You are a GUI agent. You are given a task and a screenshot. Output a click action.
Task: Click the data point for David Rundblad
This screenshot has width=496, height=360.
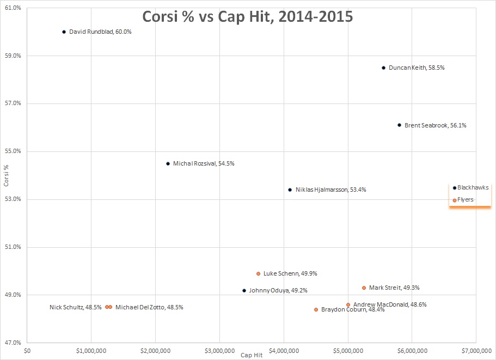pyautogui.click(x=64, y=32)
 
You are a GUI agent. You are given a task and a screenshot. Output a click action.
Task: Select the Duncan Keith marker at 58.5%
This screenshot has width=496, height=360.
pyautogui.click(x=383, y=68)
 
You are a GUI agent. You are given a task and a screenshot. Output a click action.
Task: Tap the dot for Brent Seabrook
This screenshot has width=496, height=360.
pyautogui.click(x=399, y=125)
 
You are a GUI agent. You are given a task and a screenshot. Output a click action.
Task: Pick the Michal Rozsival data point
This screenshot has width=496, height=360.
pyautogui.click(x=168, y=163)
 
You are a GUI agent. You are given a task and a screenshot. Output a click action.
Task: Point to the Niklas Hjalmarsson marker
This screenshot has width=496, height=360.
pyautogui.click(x=290, y=190)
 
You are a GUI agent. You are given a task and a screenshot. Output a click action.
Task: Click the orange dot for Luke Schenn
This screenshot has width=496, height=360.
pyautogui.click(x=258, y=273)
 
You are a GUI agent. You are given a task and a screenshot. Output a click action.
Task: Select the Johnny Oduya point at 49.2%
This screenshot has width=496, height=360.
pyautogui.click(x=244, y=290)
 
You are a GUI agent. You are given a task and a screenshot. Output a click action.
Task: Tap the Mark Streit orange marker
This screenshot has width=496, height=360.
pyautogui.click(x=364, y=288)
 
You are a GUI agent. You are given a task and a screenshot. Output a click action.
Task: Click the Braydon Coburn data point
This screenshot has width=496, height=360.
pyautogui.click(x=316, y=309)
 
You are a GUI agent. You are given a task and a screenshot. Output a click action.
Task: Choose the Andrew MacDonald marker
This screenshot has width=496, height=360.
pyautogui.click(x=348, y=304)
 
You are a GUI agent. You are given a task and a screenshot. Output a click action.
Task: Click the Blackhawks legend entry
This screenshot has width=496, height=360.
pyautogui.click(x=471, y=187)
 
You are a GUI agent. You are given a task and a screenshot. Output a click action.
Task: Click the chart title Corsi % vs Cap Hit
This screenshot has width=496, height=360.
pyautogui.click(x=248, y=16)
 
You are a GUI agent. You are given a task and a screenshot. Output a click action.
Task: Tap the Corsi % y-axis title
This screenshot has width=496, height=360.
pyautogui.click(x=6, y=176)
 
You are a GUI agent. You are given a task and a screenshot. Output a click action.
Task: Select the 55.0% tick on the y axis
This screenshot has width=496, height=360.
pyautogui.click(x=14, y=151)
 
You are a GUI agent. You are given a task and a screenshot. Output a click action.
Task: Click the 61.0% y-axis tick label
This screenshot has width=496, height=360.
pyautogui.click(x=14, y=8)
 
